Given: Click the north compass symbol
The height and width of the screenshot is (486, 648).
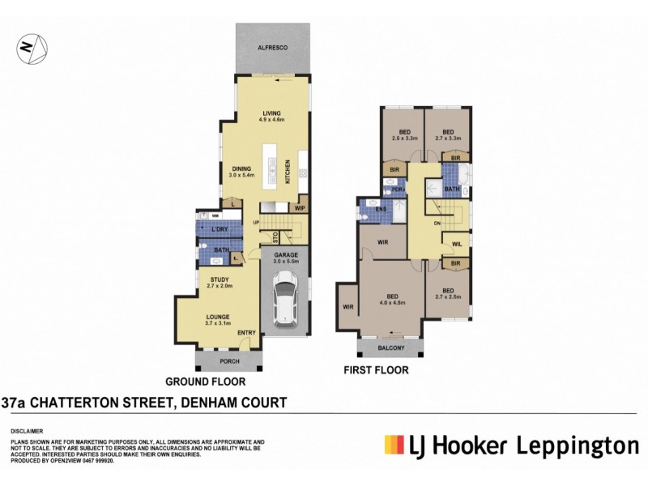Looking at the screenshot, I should tap(29, 49).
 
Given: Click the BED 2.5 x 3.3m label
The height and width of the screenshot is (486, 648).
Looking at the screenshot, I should tap(404, 135).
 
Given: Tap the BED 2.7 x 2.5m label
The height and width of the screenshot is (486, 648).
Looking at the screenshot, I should tap(448, 294).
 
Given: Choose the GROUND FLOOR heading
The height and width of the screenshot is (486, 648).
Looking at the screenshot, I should tap(205, 381).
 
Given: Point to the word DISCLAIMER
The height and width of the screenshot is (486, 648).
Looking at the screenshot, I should tap(27, 431).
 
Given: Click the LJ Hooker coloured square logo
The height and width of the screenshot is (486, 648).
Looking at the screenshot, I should tap(394, 446).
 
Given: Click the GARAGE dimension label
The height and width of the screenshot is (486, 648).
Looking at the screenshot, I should tap(287, 258).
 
